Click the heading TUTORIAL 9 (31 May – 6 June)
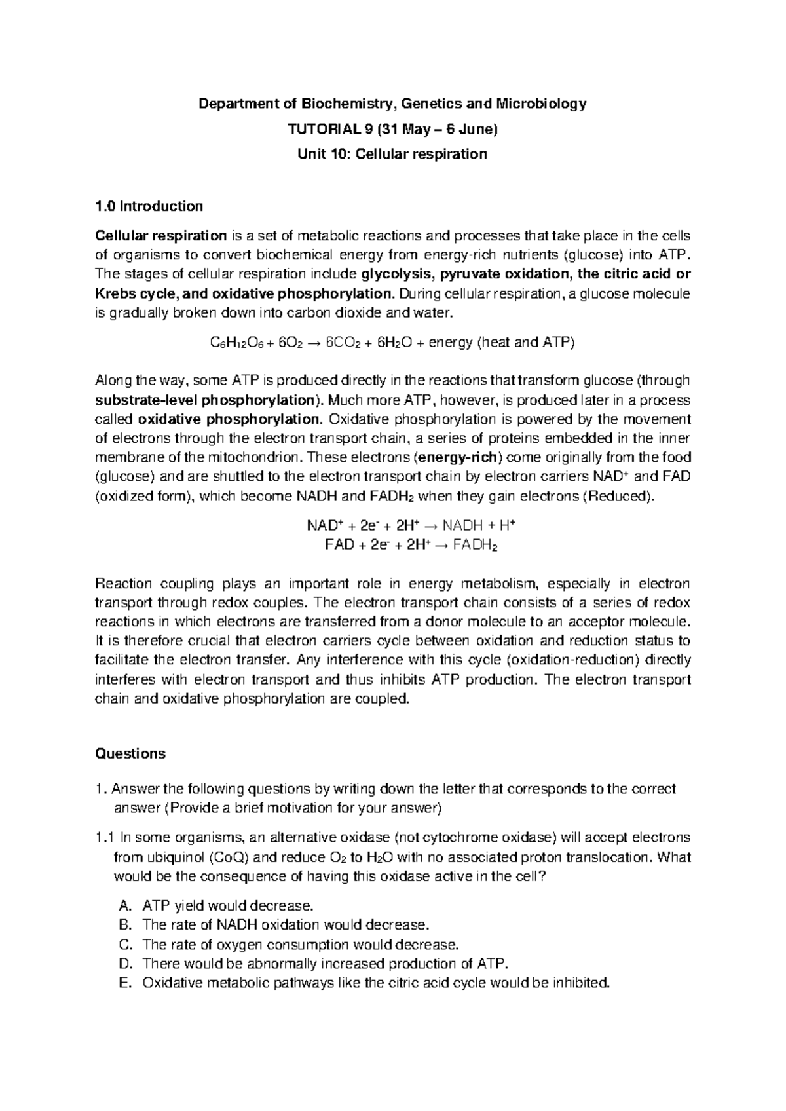(x=393, y=129)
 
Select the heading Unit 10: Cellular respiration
(x=393, y=155)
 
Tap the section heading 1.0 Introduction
(x=149, y=206)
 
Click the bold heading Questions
(x=130, y=754)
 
